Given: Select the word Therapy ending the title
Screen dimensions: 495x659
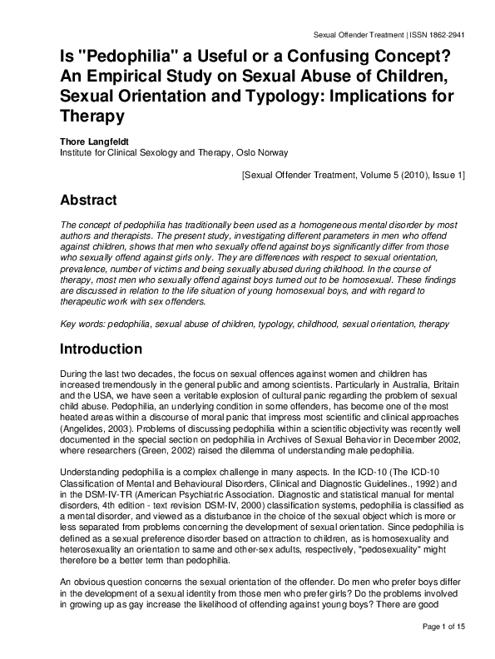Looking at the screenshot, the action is (x=92, y=117).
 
